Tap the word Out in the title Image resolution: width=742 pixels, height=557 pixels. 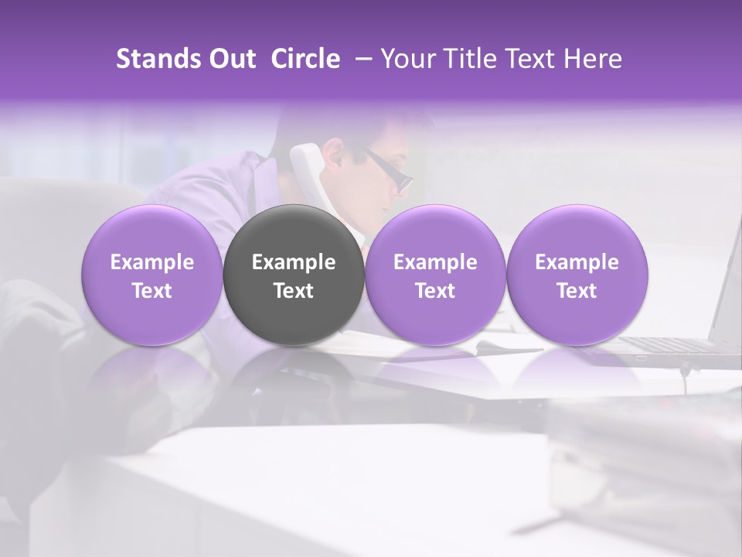tap(232, 59)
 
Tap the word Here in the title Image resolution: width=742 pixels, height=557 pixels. tap(594, 59)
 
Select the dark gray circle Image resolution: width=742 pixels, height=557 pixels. tap(294, 309)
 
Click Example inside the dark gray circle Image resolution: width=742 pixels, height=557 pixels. tap(294, 263)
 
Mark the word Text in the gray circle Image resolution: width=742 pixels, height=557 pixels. tap(294, 291)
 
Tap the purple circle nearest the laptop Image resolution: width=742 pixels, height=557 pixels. tap(577, 309)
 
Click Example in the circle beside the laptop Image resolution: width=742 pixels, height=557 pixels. tap(577, 263)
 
